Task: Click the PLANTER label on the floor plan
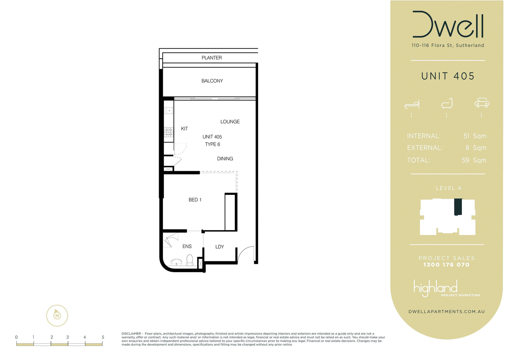[212, 58]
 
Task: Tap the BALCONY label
[212, 81]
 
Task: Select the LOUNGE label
[230, 122]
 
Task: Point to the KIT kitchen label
[184, 129]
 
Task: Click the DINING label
[225, 159]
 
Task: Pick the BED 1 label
[195, 200]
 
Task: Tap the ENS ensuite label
[187, 246]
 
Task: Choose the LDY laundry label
[220, 247]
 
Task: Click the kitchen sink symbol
[169, 110]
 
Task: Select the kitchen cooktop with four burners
[169, 132]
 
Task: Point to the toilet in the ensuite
[190, 260]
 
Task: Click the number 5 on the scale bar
[103, 337]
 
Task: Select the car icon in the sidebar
[482, 102]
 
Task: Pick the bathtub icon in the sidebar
[447, 103]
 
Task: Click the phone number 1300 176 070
[447, 265]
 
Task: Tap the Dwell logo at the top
[448, 24]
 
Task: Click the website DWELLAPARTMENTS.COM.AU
[447, 312]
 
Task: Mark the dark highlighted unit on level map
[458, 207]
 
